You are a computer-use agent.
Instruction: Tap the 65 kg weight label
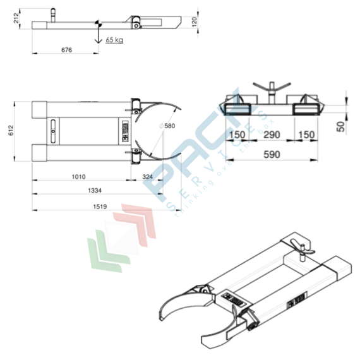[x=114, y=40]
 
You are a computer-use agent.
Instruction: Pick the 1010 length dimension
[x=79, y=177]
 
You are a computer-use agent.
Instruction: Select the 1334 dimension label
[x=94, y=189]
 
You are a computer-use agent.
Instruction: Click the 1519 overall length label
[x=99, y=206]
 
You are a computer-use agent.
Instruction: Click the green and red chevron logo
[x=123, y=237]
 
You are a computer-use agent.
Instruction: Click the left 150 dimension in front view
[x=237, y=135]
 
